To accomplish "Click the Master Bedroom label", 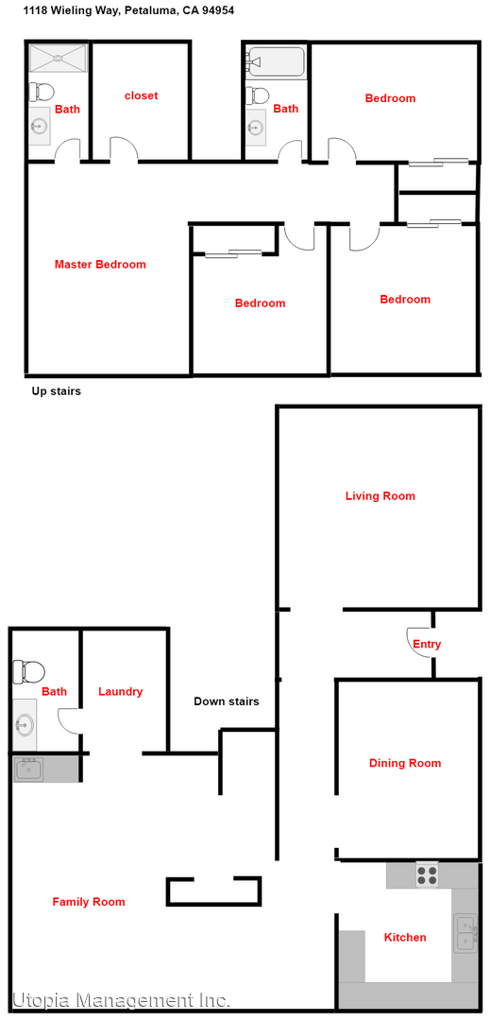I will click(100, 265).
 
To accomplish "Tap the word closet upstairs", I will click(141, 95).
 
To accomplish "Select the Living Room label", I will click(380, 496).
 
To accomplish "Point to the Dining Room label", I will click(405, 764).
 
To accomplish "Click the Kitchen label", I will click(404, 938).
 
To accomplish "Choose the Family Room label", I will click(89, 902).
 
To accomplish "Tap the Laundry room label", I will click(121, 692).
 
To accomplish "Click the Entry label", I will click(427, 645).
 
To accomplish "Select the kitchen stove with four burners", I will click(428, 874).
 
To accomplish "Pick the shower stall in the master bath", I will click(57, 58).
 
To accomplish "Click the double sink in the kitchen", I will click(465, 932).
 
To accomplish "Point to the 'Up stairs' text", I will click(57, 391).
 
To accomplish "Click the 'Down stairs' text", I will click(227, 701).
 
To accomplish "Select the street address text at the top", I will click(129, 10).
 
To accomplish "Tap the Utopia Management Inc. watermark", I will click(121, 1000).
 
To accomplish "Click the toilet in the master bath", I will click(41, 92).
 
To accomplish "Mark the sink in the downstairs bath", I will click(25, 726).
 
